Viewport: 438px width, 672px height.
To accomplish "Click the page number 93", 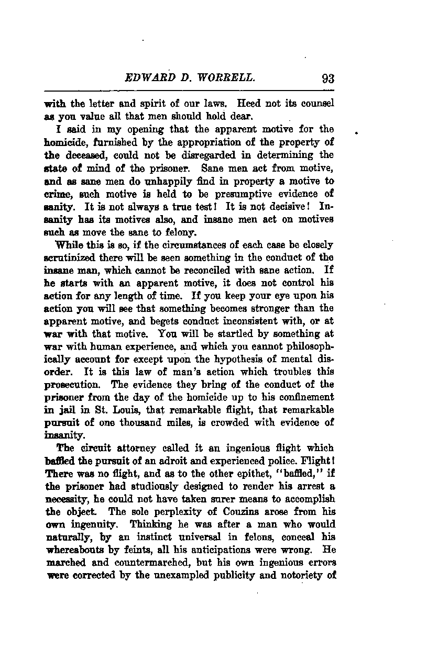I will [x=328, y=79].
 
